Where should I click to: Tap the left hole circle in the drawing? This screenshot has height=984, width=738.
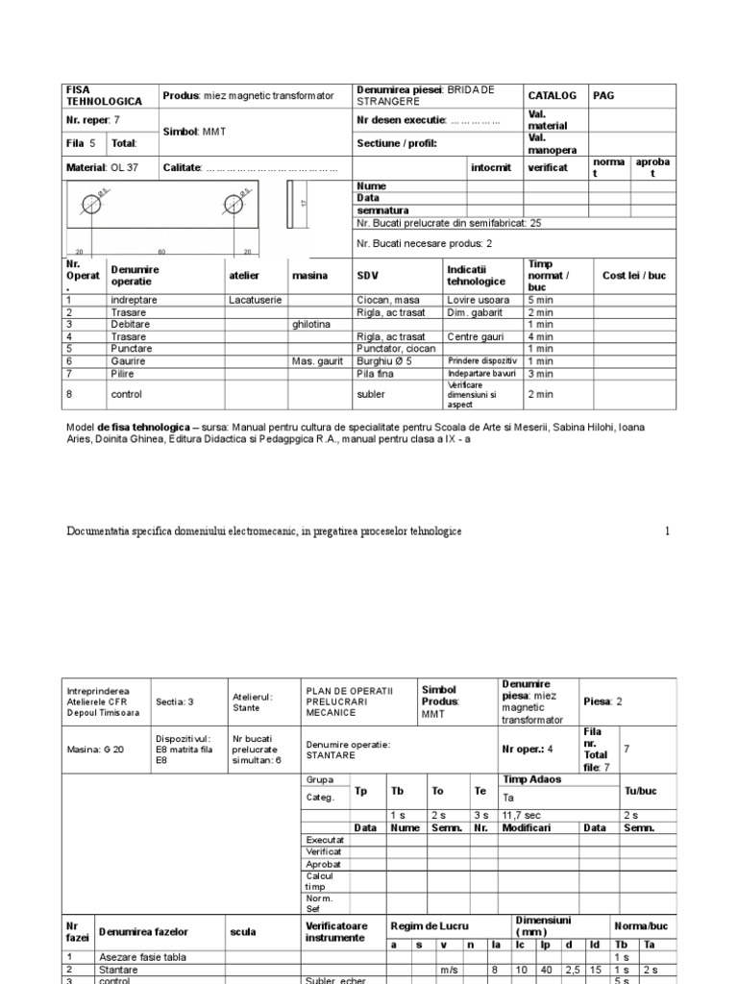(x=91, y=204)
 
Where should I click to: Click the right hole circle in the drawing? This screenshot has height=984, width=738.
(x=234, y=204)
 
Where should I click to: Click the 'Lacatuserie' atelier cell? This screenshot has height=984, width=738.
(x=256, y=300)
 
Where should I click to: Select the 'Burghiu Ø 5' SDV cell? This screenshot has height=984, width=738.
(x=383, y=360)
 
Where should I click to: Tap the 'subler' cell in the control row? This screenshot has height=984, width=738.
(x=371, y=393)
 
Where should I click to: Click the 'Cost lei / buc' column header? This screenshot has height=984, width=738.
(x=633, y=276)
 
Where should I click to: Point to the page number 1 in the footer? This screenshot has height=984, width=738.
(x=667, y=531)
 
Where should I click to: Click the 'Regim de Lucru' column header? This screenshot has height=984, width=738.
(x=430, y=925)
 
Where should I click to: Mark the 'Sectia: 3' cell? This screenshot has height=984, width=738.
(x=175, y=701)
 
